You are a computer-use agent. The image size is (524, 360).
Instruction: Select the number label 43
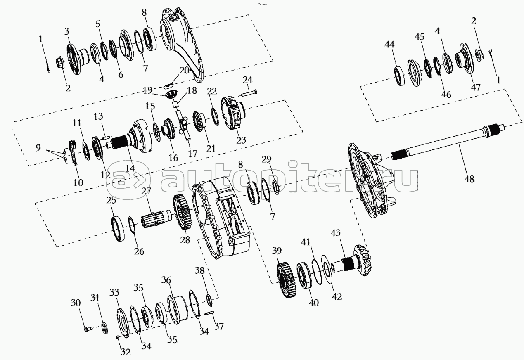336,233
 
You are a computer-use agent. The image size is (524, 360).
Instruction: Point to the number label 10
78,182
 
